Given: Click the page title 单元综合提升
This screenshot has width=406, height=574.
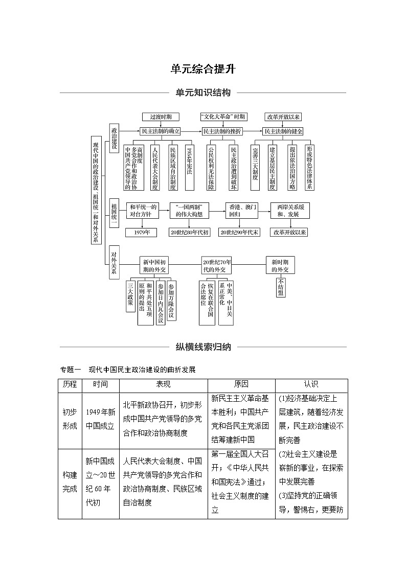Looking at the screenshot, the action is click(203, 69).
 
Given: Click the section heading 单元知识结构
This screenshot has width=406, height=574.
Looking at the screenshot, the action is click(203, 93).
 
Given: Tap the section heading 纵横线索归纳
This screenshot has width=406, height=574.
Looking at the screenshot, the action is click(203, 347).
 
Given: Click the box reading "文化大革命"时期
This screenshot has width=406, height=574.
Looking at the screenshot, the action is click(223, 117).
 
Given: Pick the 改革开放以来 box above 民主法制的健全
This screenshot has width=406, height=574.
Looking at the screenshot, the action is click(283, 117).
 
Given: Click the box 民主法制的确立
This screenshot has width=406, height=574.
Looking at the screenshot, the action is click(161, 131).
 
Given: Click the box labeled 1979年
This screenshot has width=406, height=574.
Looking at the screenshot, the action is click(142, 232).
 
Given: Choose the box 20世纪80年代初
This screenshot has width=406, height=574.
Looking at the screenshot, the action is click(190, 232).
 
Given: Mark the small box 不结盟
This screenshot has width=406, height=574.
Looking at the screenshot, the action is click(281, 287).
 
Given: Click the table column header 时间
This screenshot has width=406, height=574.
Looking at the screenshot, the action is click(100, 384).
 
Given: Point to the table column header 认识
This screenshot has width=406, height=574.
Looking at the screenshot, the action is click(311, 384).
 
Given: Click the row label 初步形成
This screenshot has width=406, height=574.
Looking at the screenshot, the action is click(70, 419).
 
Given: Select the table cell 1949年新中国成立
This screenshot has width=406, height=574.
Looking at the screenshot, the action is click(100, 419).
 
